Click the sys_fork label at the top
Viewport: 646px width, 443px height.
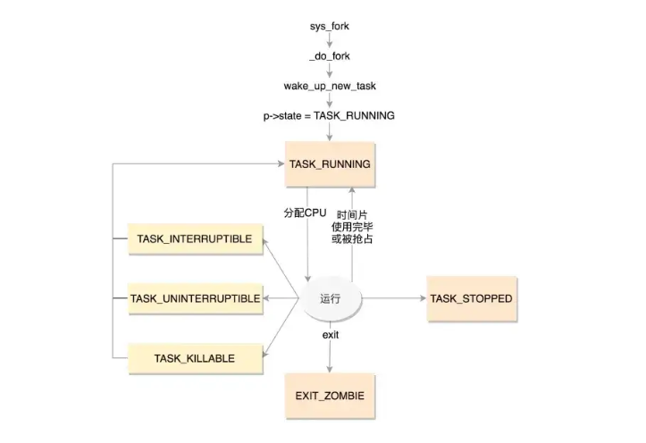329,26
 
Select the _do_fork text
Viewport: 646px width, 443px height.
329,55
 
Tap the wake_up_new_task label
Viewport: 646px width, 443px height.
329,86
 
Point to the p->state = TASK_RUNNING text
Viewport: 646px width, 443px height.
329,115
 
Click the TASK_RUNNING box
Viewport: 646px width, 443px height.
330,164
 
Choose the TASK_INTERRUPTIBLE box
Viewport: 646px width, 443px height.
195,239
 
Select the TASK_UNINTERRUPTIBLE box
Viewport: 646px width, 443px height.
195,298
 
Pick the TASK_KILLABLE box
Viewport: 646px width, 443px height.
195,358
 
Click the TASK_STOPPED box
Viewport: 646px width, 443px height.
471,298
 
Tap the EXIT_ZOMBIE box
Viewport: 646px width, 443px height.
330,394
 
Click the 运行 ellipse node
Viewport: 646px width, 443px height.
330,299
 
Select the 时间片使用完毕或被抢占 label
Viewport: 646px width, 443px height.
355,228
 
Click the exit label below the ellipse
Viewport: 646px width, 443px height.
330,334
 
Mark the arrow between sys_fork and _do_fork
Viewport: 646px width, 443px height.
329,40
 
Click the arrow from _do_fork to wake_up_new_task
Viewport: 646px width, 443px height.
329,71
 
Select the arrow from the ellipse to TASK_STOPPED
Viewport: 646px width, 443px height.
393,298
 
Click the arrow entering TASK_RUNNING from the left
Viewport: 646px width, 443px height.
197,164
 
